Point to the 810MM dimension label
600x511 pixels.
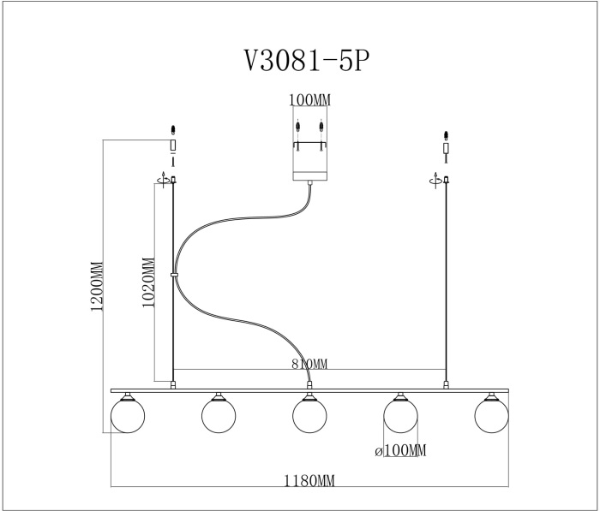309,365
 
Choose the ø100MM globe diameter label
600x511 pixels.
399,450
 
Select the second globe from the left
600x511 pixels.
219,415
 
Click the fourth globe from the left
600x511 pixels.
400,415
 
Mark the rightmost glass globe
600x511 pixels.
491,415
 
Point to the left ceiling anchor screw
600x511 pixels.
173,131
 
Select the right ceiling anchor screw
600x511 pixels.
446,137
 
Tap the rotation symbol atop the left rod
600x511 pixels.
164,179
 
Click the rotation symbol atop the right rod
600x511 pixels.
436,179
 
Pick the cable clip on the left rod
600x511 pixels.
174,276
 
